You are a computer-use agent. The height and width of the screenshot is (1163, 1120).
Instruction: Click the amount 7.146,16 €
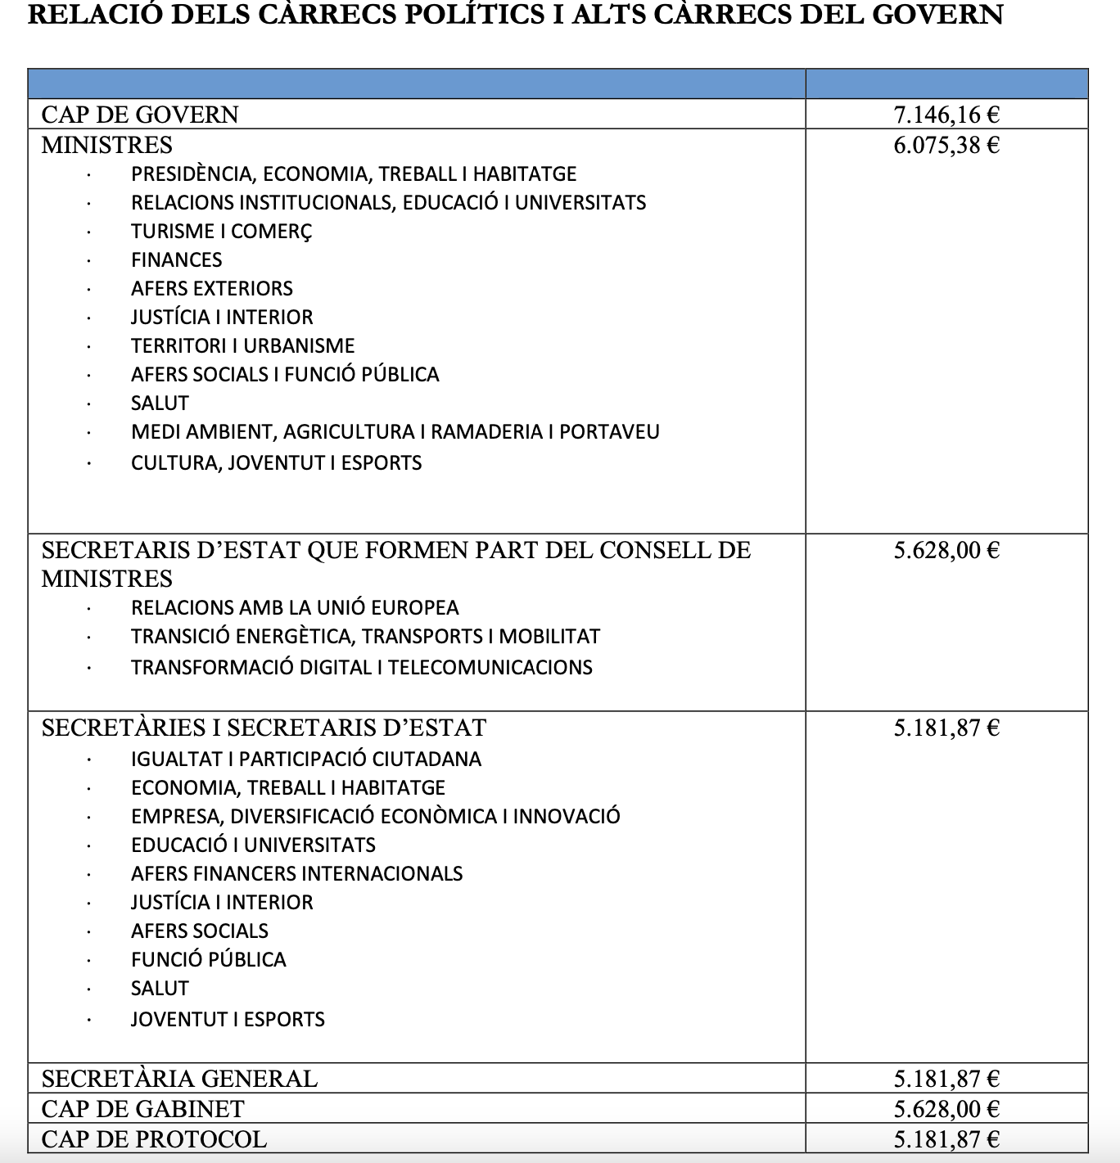point(946,115)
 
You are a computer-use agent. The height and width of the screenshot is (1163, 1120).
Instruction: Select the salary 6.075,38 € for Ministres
point(946,146)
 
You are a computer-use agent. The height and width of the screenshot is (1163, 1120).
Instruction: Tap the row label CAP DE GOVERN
point(140,115)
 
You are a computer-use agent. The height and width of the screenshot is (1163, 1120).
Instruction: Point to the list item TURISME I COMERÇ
point(221,232)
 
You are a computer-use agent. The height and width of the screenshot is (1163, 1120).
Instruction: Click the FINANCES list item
point(176,260)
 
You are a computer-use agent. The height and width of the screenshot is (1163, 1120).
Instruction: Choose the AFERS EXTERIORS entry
point(211,289)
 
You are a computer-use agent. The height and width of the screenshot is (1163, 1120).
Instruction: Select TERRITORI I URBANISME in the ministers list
point(242,346)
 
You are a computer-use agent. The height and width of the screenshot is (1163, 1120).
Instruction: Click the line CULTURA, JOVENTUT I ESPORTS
point(276,463)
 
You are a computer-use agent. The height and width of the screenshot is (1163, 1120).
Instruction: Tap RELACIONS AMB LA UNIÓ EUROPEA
point(295,608)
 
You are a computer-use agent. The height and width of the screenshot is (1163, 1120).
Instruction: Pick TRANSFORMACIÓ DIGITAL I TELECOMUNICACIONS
point(361,668)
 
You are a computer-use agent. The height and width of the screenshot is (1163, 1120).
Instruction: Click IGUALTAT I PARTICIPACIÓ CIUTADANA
point(305,760)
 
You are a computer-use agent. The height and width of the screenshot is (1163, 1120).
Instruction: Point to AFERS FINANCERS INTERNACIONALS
point(296,874)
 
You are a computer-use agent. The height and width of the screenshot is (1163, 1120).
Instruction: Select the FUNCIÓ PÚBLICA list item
point(208,960)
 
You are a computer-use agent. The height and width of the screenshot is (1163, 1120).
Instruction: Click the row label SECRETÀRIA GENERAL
point(179,1079)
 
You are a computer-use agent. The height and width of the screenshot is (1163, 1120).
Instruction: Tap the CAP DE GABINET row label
point(142,1109)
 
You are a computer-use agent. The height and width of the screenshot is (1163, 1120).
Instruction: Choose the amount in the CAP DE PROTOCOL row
point(946,1139)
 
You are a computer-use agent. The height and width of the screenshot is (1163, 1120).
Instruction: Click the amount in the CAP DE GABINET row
point(946,1109)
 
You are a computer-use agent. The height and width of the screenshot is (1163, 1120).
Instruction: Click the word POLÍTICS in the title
point(474,15)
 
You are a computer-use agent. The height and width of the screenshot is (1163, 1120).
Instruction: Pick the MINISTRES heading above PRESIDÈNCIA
point(107,146)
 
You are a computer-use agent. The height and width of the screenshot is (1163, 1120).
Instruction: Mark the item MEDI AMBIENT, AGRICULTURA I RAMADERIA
point(395,432)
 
